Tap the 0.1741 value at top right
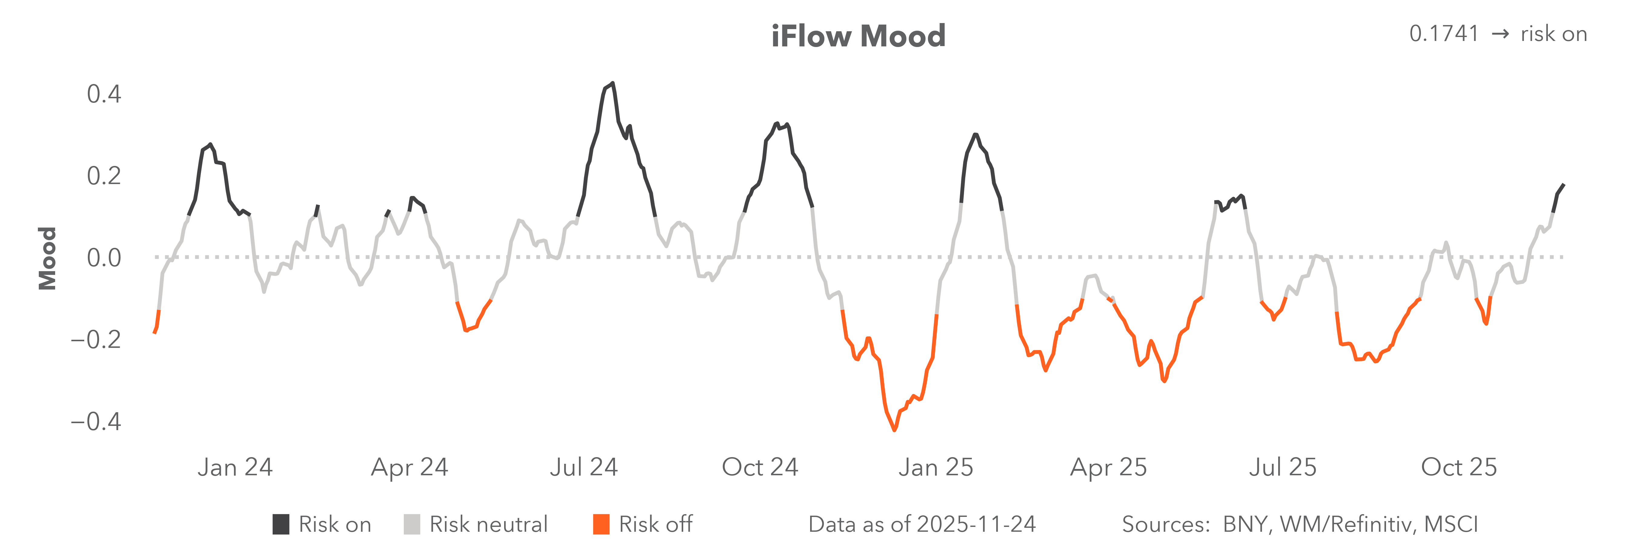click(1444, 34)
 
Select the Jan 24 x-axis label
click(235, 467)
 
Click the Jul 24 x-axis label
click(584, 467)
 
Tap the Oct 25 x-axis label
click(1459, 467)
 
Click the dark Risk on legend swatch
click(281, 524)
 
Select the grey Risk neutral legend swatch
click(411, 524)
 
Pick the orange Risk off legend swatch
click(601, 524)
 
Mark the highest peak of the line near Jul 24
click(612, 83)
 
